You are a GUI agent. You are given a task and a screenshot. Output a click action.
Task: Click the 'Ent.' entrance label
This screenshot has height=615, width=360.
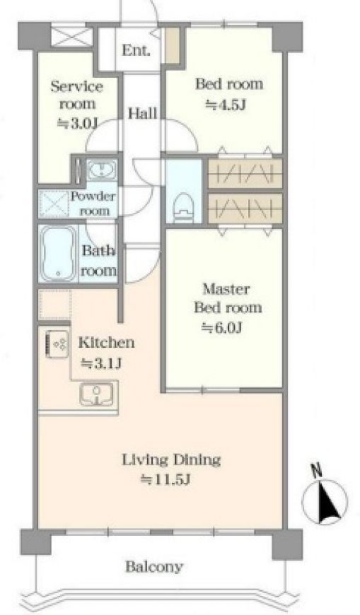(136, 51)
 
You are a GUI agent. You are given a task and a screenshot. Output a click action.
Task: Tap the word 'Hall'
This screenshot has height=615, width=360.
(143, 114)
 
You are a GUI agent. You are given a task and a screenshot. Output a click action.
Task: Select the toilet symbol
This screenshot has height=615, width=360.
(184, 205)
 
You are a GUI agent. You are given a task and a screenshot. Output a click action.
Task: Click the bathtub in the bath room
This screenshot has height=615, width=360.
(58, 253)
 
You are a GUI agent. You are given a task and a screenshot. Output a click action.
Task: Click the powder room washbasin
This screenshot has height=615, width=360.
(102, 170)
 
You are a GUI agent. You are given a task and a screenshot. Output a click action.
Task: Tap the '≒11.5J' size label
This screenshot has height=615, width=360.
(166, 479)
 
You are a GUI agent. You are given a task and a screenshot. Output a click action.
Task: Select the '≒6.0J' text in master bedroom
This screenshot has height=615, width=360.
(222, 327)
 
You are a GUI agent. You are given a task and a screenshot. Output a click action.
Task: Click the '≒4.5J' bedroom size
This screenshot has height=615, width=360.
(226, 105)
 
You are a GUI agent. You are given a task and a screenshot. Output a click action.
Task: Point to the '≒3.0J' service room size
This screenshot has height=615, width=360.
(77, 123)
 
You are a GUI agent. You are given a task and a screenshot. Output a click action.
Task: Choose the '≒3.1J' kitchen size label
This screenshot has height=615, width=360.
(101, 363)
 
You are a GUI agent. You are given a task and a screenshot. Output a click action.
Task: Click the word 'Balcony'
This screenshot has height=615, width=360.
(154, 567)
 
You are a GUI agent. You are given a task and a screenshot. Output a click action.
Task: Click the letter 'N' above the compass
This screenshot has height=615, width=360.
(316, 471)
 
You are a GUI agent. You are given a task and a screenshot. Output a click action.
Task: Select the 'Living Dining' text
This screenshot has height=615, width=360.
(171, 459)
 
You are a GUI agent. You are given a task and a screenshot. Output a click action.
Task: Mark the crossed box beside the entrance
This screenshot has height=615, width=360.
(72, 36)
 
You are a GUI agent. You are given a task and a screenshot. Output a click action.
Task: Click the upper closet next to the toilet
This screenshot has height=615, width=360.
(245, 173)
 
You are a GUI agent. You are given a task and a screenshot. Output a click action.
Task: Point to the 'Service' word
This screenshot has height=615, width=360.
(77, 86)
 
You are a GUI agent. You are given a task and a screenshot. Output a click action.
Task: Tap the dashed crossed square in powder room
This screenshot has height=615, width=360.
(54, 204)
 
